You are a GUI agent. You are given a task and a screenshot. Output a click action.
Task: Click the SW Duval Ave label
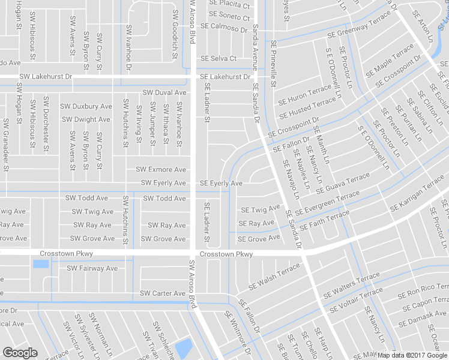[x=164, y=92]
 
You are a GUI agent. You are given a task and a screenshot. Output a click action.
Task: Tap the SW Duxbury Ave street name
[x=85, y=106]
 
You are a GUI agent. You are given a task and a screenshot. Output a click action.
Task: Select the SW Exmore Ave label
[x=160, y=170]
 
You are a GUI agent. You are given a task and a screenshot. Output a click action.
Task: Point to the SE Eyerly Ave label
[x=221, y=183]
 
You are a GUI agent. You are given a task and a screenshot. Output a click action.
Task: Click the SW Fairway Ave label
[x=92, y=268]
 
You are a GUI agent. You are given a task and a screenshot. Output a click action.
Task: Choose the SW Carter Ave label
[x=162, y=293]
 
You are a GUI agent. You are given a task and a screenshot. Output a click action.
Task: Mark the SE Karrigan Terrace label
[x=417, y=197]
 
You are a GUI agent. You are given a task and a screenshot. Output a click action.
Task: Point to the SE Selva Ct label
[x=218, y=59]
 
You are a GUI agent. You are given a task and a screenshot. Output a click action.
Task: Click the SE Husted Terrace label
[x=307, y=106]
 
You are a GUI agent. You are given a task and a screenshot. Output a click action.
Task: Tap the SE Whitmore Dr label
[x=238, y=334]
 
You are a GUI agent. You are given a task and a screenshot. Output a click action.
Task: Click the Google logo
[x=20, y=353]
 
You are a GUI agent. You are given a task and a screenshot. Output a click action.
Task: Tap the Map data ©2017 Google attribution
[x=412, y=355]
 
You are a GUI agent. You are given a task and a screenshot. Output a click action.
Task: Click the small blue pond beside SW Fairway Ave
[x=41, y=264]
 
